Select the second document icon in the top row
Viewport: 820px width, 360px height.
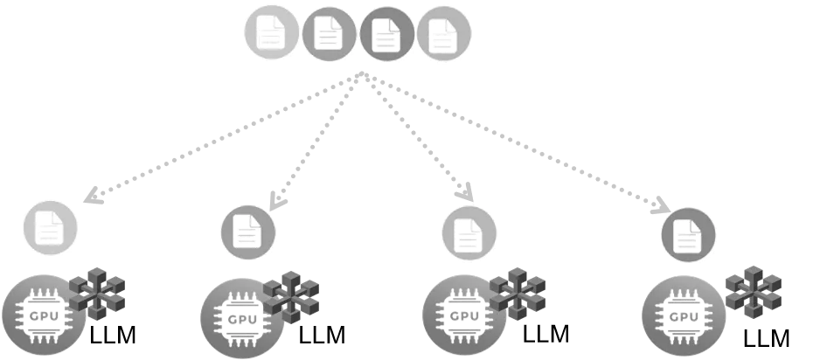pos(329,34)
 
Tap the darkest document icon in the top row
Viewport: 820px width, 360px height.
pos(386,34)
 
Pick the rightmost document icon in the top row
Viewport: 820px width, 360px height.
pos(443,35)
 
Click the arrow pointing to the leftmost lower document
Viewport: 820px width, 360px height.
pos(219,140)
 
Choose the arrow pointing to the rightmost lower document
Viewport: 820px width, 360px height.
pos(525,140)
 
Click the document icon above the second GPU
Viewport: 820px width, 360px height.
pos(247,232)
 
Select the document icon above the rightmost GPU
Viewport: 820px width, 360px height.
pos(688,234)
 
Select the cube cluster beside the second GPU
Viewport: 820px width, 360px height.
pos(292,295)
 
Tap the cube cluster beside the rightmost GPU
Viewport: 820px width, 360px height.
pos(753,293)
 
